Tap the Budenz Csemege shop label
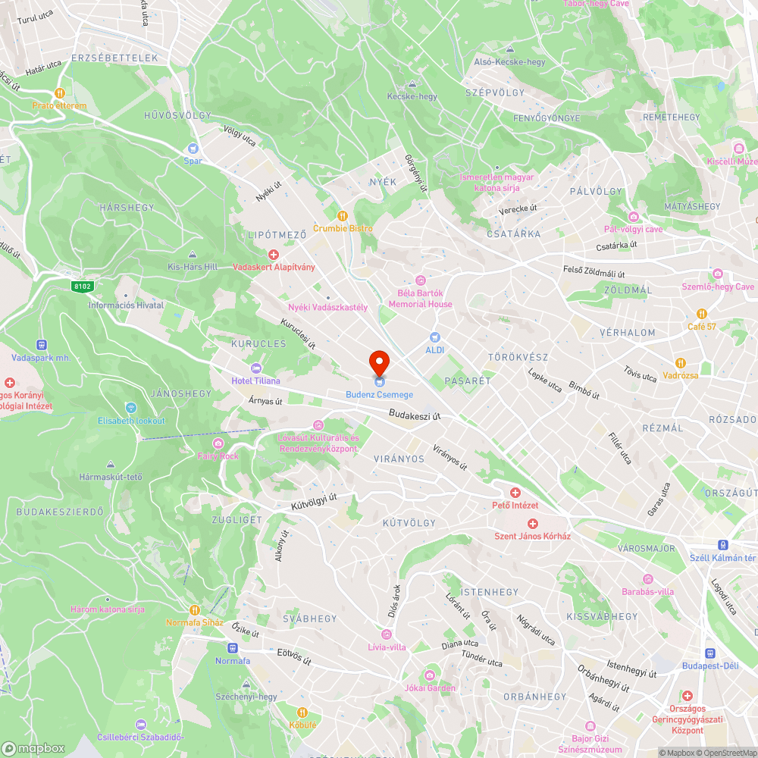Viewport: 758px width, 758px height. tap(379, 395)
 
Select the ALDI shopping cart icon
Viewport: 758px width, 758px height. tap(434, 337)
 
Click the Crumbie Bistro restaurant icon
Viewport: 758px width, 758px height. tap(342, 215)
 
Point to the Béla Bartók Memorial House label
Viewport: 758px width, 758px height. tap(420, 298)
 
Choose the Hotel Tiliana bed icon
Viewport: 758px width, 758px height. tap(256, 368)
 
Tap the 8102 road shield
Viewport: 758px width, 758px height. tap(83, 286)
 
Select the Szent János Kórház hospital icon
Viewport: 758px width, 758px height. tap(532, 524)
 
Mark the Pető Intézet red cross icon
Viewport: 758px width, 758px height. tap(515, 493)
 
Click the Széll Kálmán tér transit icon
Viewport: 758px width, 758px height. tap(724, 545)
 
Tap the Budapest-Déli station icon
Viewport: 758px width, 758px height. tap(710, 653)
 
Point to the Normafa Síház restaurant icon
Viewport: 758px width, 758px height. tap(195, 609)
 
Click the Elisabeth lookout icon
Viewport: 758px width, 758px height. tap(130, 408)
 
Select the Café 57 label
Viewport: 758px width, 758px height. tap(701, 327)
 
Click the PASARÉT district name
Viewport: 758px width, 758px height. tap(468, 381)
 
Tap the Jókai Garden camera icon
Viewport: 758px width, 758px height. tap(429, 675)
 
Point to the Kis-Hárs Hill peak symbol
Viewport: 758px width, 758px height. tap(193, 254)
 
